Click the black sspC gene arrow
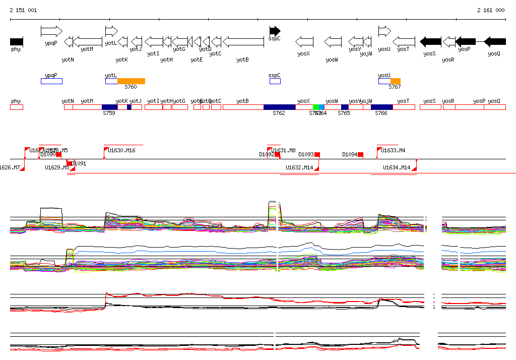[275, 31]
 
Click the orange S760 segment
[131, 81]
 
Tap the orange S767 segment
[396, 81]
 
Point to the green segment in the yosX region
[316, 107]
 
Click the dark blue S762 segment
[279, 107]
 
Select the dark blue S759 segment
[109, 107]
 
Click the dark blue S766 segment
[381, 107]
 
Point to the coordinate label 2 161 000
[491, 10]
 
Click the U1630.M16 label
[122, 150]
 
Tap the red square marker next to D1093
[317, 155]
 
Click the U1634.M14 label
[397, 167]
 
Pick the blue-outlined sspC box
[275, 81]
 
